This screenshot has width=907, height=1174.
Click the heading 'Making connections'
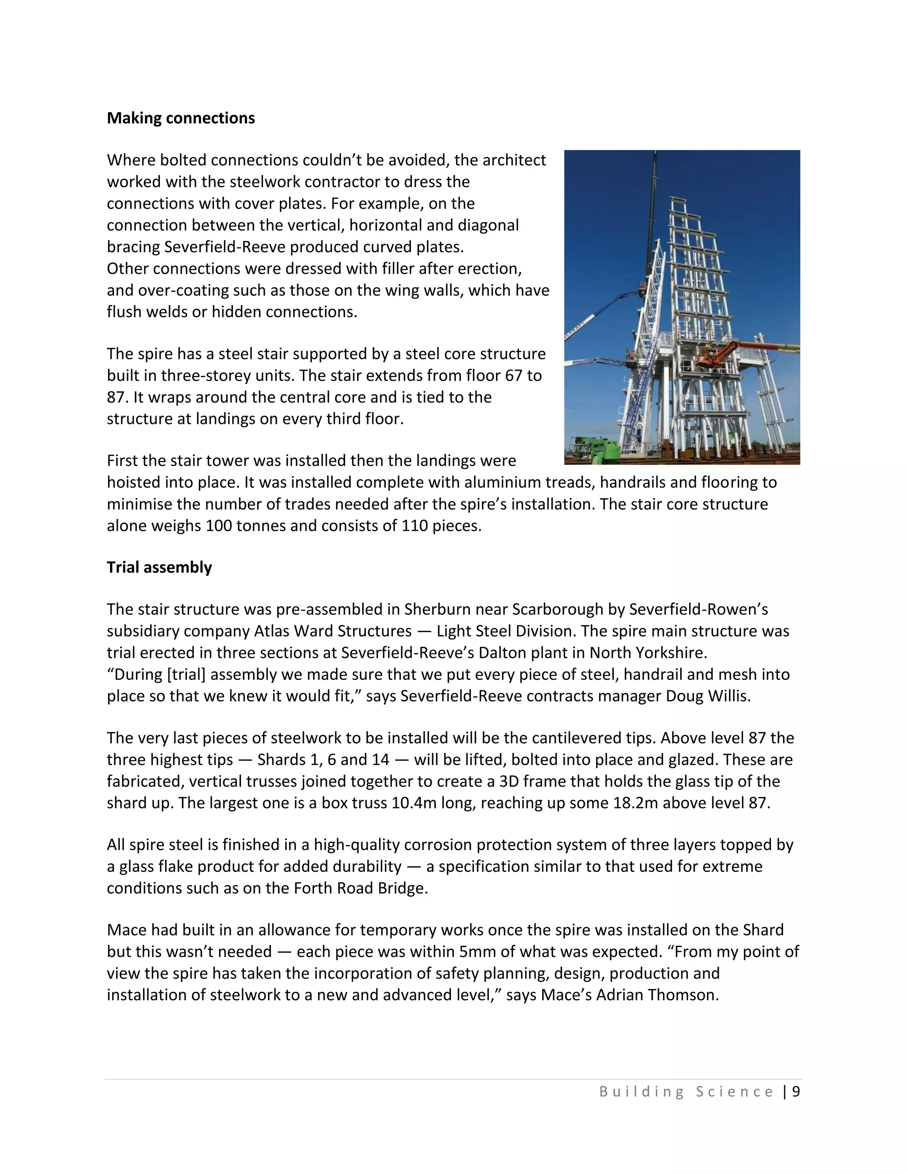pyautogui.click(x=181, y=118)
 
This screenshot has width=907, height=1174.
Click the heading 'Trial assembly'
pyautogui.click(x=159, y=567)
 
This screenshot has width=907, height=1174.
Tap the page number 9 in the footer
pyautogui.click(x=796, y=1092)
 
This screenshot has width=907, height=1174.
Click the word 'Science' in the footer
pyautogui.click(x=735, y=1092)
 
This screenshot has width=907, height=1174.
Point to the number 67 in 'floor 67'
pyautogui.click(x=514, y=376)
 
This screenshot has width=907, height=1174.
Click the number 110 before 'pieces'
pyautogui.click(x=414, y=526)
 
